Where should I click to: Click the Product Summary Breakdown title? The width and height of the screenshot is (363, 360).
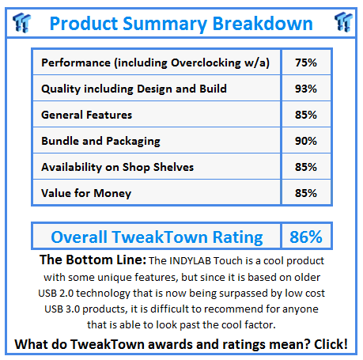181,23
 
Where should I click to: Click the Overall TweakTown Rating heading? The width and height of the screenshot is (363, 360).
157,237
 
